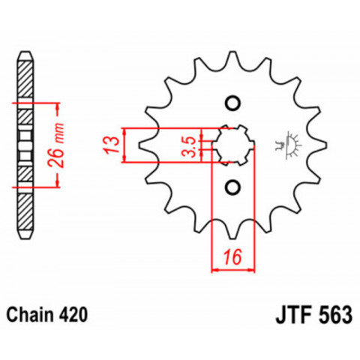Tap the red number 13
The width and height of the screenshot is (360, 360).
109,143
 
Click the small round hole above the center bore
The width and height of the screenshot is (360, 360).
232,103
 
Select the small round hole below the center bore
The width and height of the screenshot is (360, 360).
232,186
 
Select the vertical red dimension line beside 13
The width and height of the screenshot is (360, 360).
125,144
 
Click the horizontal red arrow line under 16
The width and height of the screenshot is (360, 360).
234,269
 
